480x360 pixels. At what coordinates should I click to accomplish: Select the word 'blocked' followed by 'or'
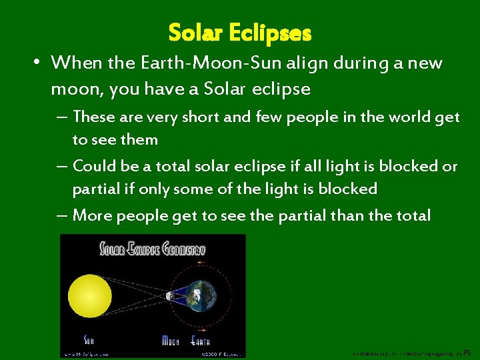click(x=411, y=166)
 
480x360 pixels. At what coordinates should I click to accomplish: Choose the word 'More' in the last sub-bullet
click(x=92, y=215)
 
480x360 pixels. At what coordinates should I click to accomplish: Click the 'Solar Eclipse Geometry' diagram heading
click(x=153, y=249)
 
